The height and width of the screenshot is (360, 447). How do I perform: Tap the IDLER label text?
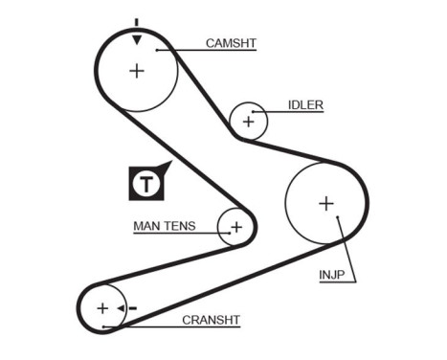point(306,105)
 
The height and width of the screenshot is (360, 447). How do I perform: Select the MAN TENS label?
point(164,227)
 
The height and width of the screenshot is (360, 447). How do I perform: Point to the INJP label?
point(333,278)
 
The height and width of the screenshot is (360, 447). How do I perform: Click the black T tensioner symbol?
point(146,183)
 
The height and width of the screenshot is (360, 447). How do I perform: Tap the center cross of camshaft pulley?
point(137,70)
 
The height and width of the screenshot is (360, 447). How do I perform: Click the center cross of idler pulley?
point(249,122)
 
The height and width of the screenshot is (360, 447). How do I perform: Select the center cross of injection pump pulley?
point(325,203)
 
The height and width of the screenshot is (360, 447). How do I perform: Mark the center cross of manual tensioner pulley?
point(236,227)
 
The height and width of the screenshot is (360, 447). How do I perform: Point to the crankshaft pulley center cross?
point(102,308)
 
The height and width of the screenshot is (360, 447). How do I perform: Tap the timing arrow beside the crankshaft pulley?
point(123,308)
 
